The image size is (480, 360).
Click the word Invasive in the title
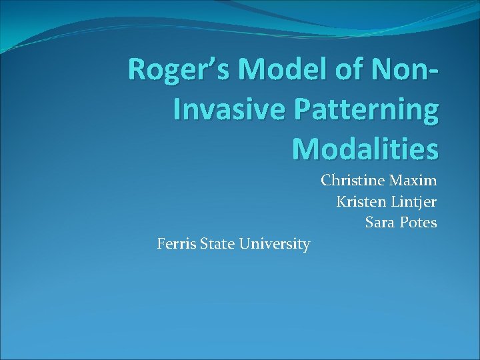tap(223, 110)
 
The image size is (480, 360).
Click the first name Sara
tap(379, 223)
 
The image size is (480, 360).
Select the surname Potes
tap(419, 223)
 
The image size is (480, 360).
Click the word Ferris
tap(176, 245)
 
